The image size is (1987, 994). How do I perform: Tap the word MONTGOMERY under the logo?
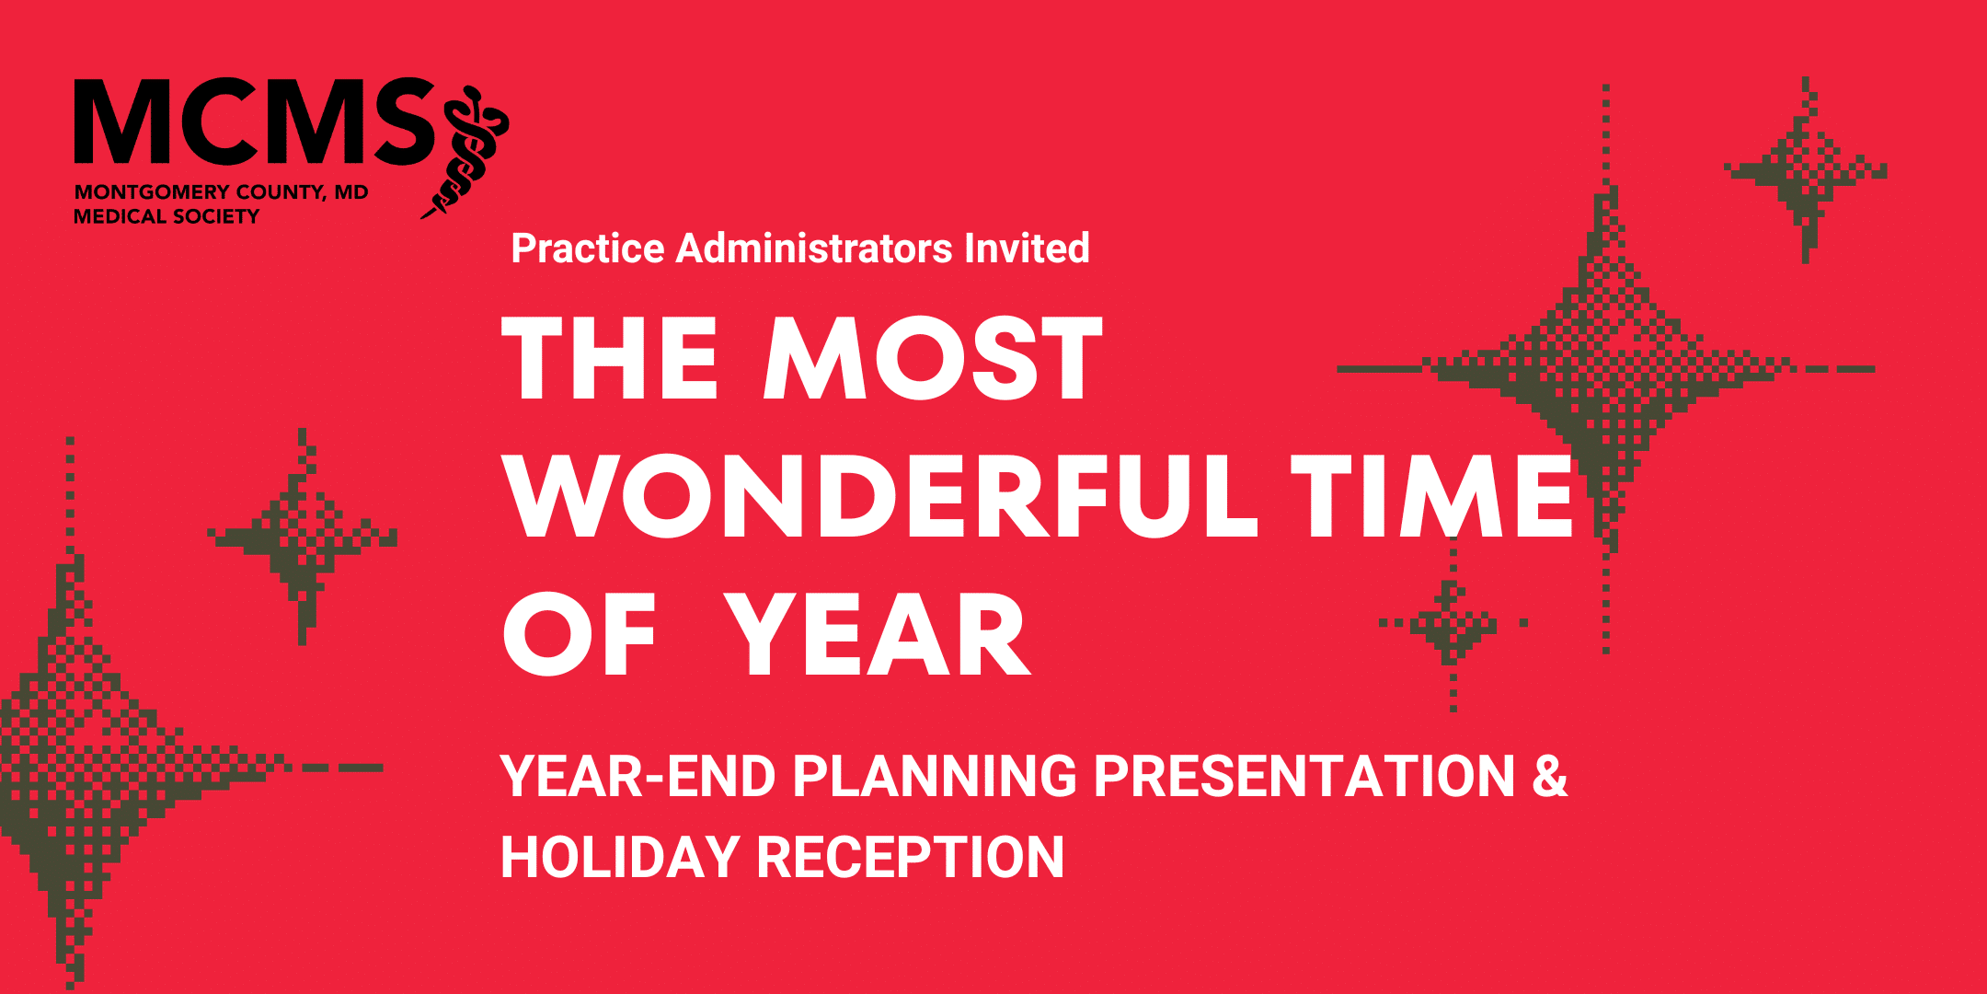point(152,192)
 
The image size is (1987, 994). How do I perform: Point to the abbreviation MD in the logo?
point(351,192)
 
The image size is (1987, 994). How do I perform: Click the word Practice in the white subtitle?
point(588,248)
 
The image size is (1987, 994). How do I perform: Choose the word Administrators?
point(814,248)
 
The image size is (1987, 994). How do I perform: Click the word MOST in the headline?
point(933,358)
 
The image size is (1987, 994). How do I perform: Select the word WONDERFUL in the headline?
point(880,495)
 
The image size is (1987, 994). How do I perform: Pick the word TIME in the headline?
point(1431,495)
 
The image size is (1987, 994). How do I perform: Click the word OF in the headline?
point(579,634)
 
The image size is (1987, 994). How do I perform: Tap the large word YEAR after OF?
point(877,634)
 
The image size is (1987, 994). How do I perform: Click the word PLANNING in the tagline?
point(935,776)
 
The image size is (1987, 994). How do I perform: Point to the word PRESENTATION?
point(1304,776)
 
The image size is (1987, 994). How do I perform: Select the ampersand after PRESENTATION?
point(1550,776)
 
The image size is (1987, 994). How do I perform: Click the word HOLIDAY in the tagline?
point(620,857)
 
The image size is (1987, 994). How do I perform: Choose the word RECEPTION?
point(910,857)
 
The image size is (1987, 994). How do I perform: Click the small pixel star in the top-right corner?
point(1806,170)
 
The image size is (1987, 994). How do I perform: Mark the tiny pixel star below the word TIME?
point(1453,623)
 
